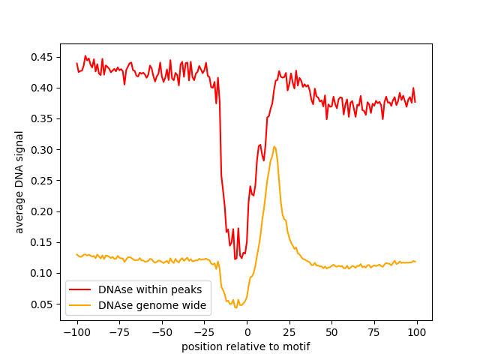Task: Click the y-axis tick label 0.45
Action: (41, 57)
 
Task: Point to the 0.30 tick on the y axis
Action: (41, 150)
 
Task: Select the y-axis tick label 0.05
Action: (41, 304)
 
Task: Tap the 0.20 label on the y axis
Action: (41, 211)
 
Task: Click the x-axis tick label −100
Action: (76, 332)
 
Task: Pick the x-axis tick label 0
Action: (247, 332)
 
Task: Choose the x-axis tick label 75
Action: (374, 332)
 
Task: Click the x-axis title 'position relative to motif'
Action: (246, 346)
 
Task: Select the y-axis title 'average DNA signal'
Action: (19, 182)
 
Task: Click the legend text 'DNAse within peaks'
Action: (150, 289)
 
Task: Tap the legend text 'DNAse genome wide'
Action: (152, 305)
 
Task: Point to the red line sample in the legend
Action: (80, 289)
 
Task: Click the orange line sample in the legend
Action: (80, 305)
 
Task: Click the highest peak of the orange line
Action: (274, 147)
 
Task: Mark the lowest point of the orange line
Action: (235, 307)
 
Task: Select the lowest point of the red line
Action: (235, 259)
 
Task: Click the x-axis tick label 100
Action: (417, 332)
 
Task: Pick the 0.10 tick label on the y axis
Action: (41, 273)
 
